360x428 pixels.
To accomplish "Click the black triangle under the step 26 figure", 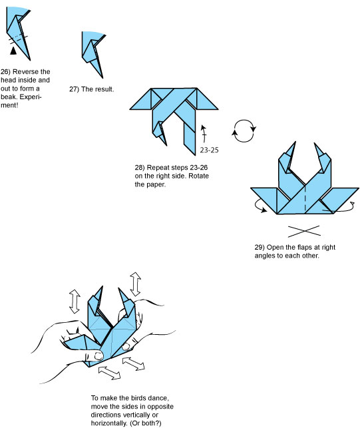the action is click(13, 51).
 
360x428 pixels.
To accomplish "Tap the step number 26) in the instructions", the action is click(5, 72).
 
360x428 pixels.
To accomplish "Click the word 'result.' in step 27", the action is click(104, 89).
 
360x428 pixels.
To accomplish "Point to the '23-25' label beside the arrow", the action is click(209, 150).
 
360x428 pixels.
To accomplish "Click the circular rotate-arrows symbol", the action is click(244, 130).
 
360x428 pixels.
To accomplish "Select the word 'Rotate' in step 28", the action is click(198, 176).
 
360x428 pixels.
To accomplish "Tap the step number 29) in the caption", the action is click(260, 248).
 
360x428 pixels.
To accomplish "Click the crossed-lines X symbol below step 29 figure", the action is click(304, 231).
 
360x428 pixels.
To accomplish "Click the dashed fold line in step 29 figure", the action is click(305, 200).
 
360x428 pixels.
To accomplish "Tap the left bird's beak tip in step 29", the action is click(295, 142).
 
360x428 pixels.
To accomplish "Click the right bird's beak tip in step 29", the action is click(315, 143).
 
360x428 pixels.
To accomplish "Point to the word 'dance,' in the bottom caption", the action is click(158, 398).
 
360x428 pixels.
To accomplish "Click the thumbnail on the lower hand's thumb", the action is click(98, 355).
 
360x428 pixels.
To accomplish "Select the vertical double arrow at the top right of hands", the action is click(136, 284).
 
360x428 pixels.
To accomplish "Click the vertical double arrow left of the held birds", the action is click(75, 302).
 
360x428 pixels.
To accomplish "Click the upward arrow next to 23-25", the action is click(204, 134).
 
